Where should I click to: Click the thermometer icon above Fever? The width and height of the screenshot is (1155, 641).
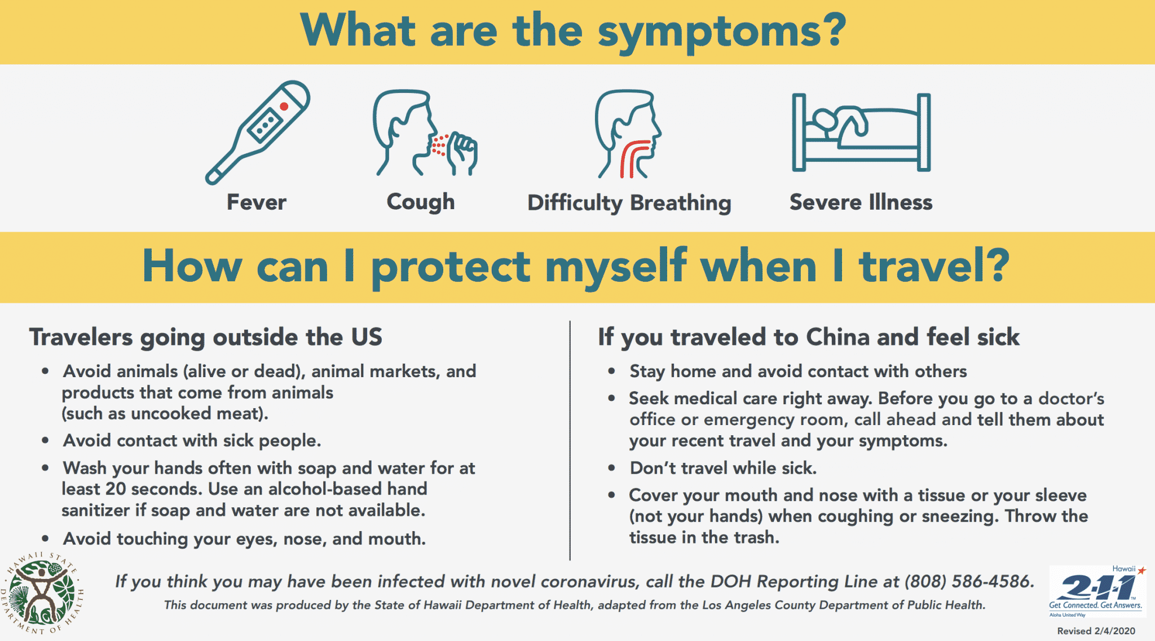coord(258,132)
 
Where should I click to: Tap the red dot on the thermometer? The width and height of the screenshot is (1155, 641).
coord(284,107)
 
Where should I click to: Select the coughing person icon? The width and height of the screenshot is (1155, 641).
coord(424,134)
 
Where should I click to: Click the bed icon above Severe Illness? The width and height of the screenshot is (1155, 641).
coord(861,132)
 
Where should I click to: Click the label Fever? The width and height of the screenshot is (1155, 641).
coord(257,202)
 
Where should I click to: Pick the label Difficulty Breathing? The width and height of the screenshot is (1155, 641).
coord(629,203)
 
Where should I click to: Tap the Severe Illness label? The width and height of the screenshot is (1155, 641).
coord(861,202)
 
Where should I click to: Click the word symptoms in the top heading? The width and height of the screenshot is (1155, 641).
coord(722,32)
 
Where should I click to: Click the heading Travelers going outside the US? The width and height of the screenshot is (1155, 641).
coord(206,337)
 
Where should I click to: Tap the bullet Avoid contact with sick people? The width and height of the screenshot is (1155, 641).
coord(192,440)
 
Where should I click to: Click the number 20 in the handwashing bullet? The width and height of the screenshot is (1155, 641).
coord(116,489)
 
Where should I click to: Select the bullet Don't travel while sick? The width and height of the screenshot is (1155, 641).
coord(723,468)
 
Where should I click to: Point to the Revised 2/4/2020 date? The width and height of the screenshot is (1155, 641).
coord(1096,631)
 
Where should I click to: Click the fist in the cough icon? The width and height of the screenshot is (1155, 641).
coord(463,152)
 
